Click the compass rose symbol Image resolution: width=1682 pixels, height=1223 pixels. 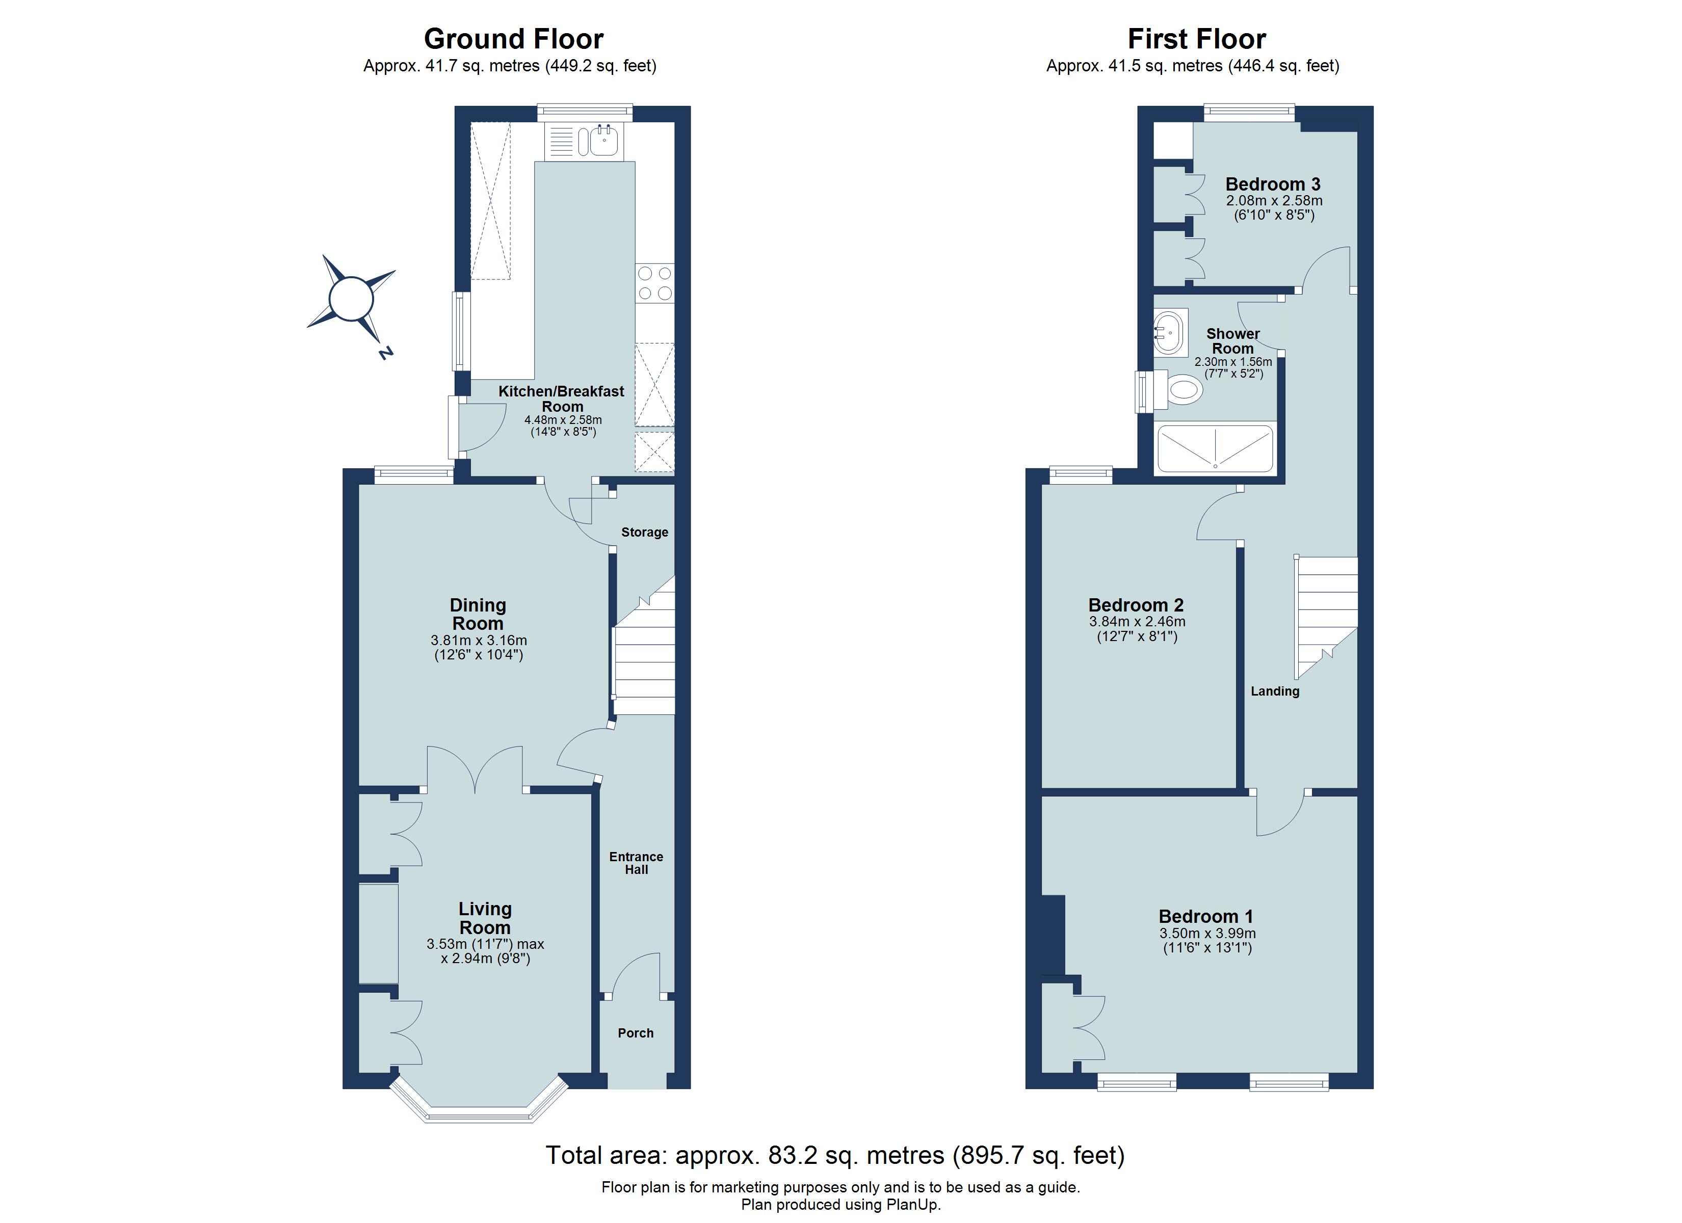pos(351,300)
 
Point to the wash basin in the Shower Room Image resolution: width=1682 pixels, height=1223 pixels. pos(1170,333)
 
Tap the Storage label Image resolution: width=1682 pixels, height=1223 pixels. pos(644,532)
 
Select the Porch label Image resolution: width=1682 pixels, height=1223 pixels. pos(636,1033)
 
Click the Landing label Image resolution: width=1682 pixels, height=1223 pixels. pos(1275,691)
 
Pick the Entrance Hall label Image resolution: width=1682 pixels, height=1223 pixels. pos(636,863)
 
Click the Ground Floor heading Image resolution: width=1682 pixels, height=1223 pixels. pos(513,39)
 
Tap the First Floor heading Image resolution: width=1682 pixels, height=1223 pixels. pos(1196,39)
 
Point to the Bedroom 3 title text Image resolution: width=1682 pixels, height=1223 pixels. pos(1273,184)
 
